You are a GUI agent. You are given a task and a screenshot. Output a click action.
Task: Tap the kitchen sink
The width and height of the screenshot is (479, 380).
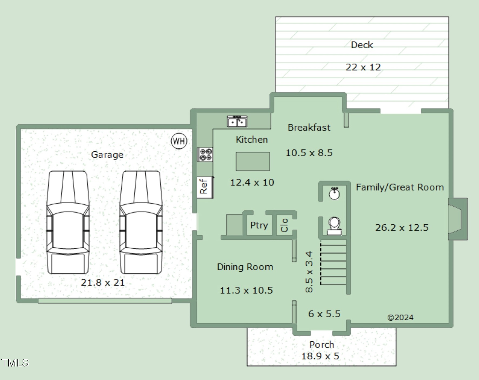tap(237, 121)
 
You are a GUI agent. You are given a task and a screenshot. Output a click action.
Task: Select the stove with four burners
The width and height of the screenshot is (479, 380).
tap(205, 154)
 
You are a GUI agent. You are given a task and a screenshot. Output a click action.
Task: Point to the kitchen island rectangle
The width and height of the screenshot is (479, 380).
tap(253, 161)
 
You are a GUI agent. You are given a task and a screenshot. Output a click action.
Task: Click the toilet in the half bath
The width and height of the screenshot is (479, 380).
tap(334, 226)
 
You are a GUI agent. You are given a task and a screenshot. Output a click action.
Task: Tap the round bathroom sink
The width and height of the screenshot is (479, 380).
tap(335, 193)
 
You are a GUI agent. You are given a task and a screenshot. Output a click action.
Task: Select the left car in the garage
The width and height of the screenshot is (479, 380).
tap(68, 222)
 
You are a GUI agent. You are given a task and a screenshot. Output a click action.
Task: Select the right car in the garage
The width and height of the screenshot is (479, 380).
tap(141, 222)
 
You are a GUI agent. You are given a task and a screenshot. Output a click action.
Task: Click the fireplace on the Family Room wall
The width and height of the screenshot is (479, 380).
tap(458, 219)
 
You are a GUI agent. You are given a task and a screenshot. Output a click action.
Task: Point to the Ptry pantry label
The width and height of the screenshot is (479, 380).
tap(259, 225)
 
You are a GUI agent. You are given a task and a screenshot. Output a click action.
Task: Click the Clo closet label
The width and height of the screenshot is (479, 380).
tap(284, 225)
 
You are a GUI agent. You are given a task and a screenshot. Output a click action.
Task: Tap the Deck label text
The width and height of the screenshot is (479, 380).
tap(362, 45)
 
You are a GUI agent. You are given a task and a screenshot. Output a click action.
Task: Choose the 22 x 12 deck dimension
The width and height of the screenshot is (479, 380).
tap(363, 67)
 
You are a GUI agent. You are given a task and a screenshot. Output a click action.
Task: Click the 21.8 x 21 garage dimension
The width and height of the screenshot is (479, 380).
tap(103, 282)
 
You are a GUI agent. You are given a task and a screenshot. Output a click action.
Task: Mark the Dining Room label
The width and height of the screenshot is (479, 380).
tap(245, 267)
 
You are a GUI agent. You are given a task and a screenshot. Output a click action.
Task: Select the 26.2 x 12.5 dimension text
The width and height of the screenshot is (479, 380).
tap(402, 228)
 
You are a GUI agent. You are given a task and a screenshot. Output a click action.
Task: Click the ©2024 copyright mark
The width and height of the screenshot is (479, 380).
tap(400, 317)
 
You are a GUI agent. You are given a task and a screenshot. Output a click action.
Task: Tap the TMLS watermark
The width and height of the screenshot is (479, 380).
tap(15, 363)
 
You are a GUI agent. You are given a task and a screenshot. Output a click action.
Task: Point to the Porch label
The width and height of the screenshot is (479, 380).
tap(322, 345)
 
